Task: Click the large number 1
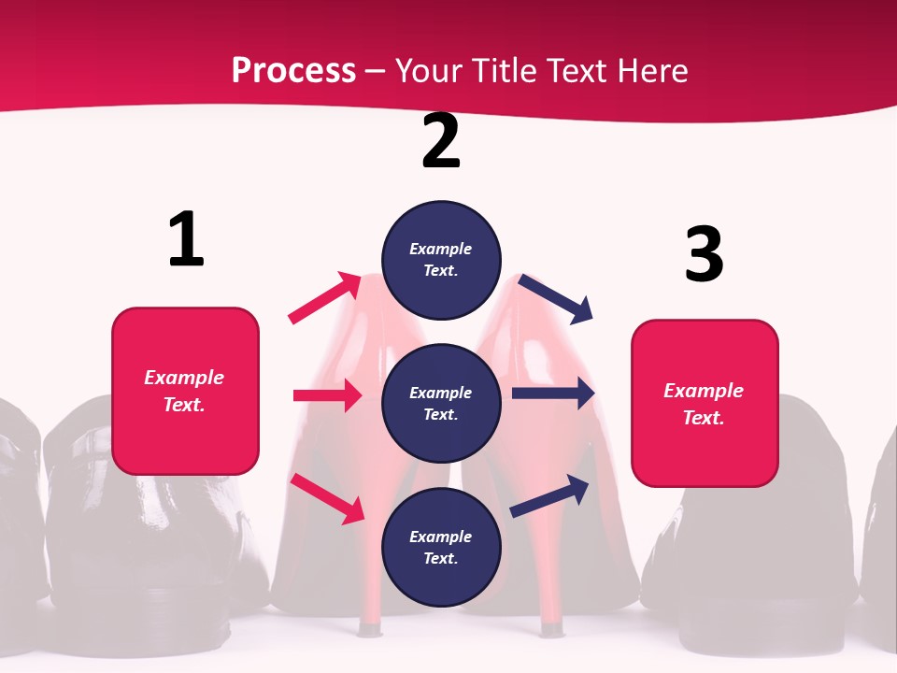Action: point(186,239)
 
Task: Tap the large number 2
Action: point(441,141)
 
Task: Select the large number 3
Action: point(704,254)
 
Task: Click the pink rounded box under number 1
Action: point(185,391)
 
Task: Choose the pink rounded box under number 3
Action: point(705,404)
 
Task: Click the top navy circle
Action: point(441,260)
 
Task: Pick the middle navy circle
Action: point(441,404)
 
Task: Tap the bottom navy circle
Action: point(441,548)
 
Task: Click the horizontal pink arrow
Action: point(327,395)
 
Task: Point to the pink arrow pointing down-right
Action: point(327,497)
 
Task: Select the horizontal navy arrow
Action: point(553,394)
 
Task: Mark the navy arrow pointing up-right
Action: point(549,494)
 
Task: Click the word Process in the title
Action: point(293,70)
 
